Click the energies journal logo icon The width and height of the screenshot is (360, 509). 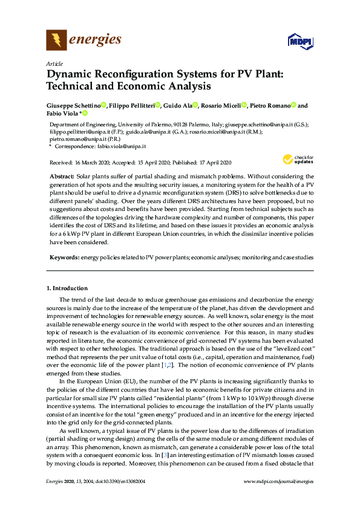(x=56, y=41)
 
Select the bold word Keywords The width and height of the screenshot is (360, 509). (x=64, y=258)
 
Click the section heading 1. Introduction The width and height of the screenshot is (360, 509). (x=67, y=288)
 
